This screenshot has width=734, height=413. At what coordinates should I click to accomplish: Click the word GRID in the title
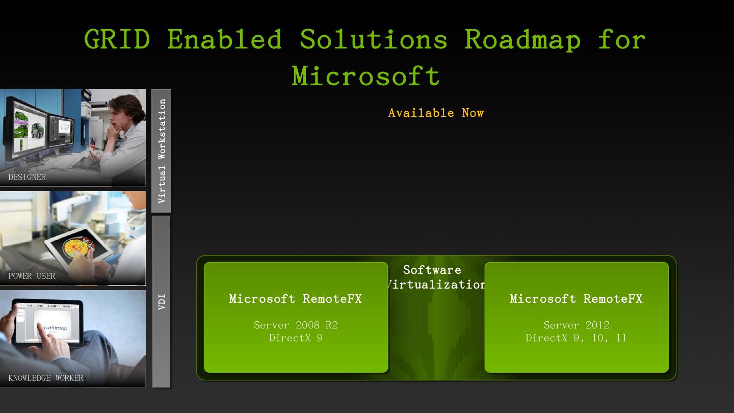point(117,39)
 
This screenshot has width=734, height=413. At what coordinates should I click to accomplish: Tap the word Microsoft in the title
point(365,76)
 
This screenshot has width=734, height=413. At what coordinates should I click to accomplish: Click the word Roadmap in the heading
point(522,39)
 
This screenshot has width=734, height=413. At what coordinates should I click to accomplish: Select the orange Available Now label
point(436,113)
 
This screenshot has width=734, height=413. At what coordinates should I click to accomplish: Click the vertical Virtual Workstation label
point(162,151)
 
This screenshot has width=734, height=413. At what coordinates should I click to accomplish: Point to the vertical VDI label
point(162,301)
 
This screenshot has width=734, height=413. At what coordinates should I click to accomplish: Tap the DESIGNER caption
point(27,177)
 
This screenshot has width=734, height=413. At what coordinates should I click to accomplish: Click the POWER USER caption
point(32,276)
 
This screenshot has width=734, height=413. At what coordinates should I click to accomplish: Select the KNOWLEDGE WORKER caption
point(46,378)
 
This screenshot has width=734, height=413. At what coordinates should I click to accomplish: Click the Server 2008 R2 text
point(296,325)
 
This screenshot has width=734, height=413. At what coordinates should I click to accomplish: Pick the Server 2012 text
point(576,325)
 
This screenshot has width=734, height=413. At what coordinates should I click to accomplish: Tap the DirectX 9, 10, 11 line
point(576,338)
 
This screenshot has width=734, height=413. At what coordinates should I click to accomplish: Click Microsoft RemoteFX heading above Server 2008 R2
point(296,299)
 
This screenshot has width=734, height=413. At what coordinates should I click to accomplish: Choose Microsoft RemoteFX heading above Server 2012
point(576,299)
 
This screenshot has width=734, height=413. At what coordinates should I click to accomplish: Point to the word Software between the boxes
point(432,270)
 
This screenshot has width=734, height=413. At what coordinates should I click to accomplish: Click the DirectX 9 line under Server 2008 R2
point(296,338)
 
